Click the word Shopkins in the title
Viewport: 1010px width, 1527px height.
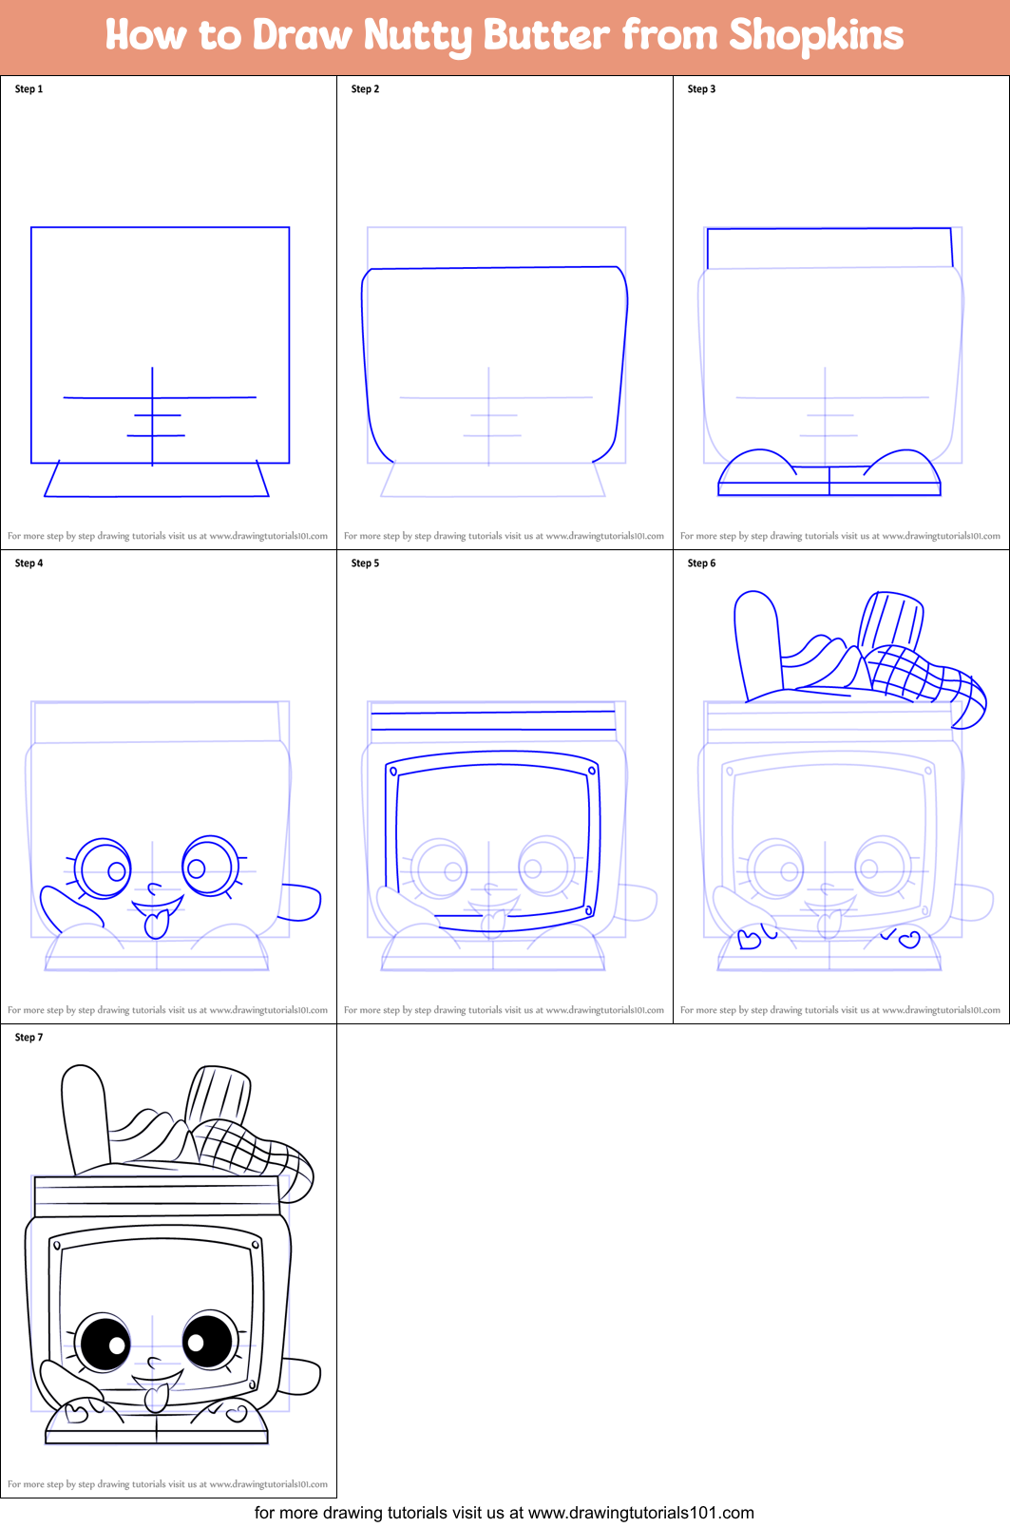tap(815, 35)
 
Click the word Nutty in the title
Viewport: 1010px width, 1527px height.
tap(417, 36)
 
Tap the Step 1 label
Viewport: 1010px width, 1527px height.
tap(29, 89)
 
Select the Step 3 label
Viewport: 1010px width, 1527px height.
tap(701, 89)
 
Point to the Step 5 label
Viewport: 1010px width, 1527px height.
tap(365, 563)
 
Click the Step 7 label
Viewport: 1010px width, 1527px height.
tap(29, 1038)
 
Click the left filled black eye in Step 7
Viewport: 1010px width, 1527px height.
tap(104, 1344)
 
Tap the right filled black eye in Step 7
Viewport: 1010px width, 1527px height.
tap(207, 1340)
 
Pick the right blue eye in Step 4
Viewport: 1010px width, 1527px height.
tap(208, 865)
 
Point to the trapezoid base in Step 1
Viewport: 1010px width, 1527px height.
tap(157, 480)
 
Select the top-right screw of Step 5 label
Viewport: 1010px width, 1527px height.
tap(592, 771)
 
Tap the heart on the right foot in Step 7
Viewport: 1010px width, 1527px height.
tap(238, 1414)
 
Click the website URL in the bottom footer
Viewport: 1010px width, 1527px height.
tap(640, 1513)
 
